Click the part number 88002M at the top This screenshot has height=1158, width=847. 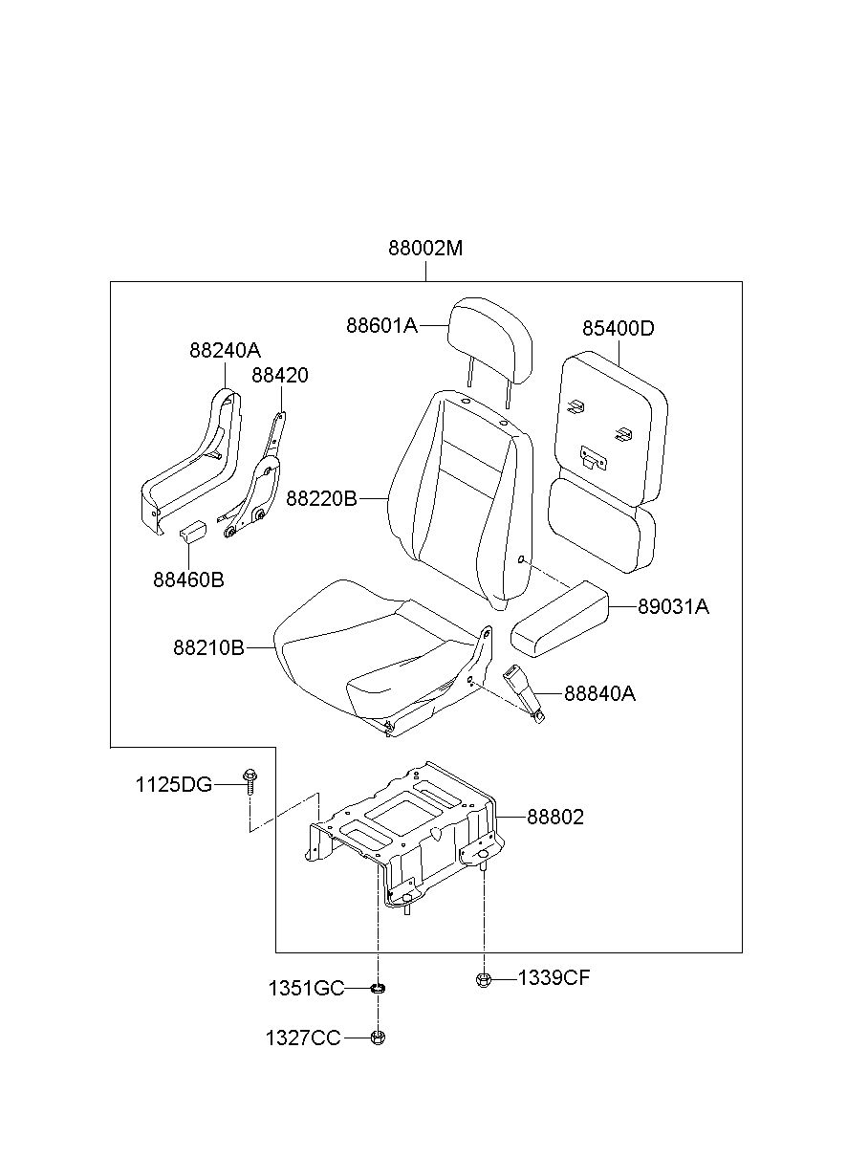click(x=425, y=249)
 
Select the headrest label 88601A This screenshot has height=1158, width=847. click(x=381, y=326)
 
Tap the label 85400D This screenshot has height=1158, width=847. click(x=619, y=328)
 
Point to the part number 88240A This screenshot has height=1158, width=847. click(x=225, y=351)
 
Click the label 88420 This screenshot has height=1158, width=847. click(x=279, y=375)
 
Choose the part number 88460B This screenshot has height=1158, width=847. click(x=188, y=579)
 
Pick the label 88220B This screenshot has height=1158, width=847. click(x=321, y=498)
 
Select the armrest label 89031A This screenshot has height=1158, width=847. click(x=673, y=606)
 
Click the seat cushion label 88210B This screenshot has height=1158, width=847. click(x=208, y=647)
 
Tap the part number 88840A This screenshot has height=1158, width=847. click(x=599, y=693)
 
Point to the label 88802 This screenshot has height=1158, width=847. click(x=555, y=817)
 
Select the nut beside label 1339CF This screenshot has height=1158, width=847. click(x=482, y=979)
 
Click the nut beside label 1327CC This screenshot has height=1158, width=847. click(x=378, y=1038)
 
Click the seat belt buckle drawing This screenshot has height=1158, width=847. click(x=523, y=694)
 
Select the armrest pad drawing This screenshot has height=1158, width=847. click(x=560, y=619)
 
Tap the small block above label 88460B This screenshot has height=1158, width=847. click(x=193, y=531)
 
